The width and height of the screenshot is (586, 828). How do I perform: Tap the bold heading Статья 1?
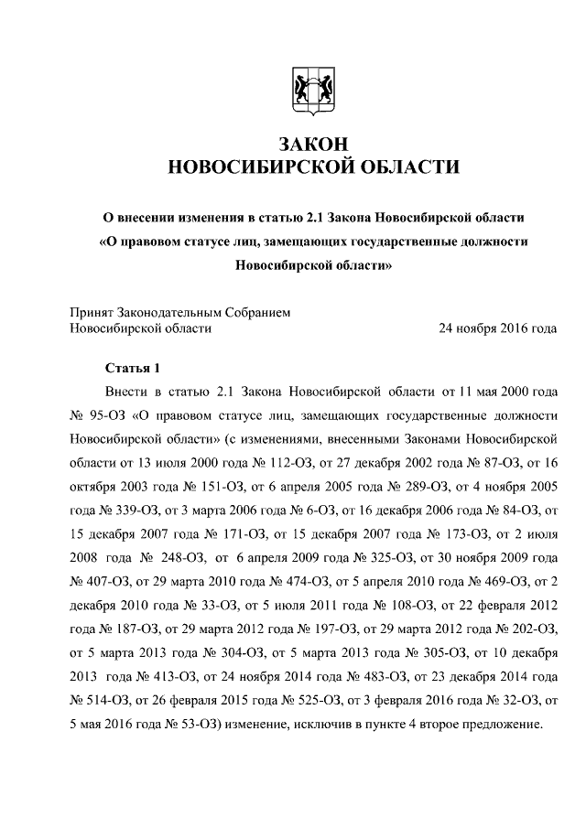click(x=133, y=369)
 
